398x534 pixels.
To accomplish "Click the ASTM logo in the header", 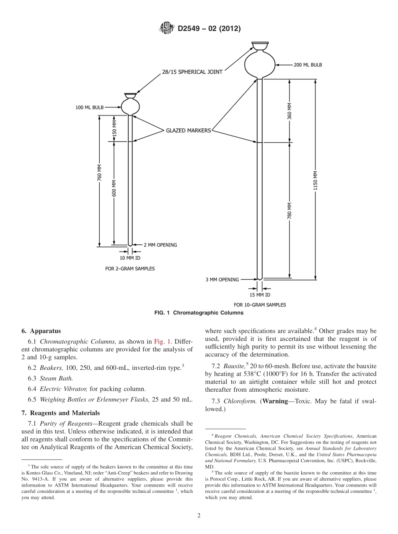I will pyautogui.click(x=167, y=29).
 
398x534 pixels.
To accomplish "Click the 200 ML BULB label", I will pyautogui.click(x=308, y=65).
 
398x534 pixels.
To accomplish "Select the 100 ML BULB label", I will pyautogui.click(x=89, y=107).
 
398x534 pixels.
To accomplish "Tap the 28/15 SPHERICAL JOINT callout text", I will pyautogui.click(x=192, y=72).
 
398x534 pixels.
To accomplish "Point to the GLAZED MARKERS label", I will pyautogui.click(x=188, y=131).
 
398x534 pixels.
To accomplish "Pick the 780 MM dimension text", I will pyautogui.click(x=289, y=211).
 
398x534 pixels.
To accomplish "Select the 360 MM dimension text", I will pyautogui.click(x=289, y=111).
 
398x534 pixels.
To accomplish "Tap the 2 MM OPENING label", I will pyautogui.click(x=160, y=245).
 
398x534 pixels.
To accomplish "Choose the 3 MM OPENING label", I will pyautogui.click(x=222, y=280).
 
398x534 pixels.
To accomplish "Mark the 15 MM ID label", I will pyautogui.click(x=260, y=295).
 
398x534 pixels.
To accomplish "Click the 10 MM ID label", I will pyautogui.click(x=130, y=258).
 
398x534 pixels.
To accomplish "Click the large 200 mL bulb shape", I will pyautogui.click(x=260, y=63).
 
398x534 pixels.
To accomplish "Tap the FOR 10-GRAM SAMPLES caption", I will pyautogui.click(x=260, y=305).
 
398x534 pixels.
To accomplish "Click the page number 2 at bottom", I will pyautogui.click(x=199, y=516).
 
